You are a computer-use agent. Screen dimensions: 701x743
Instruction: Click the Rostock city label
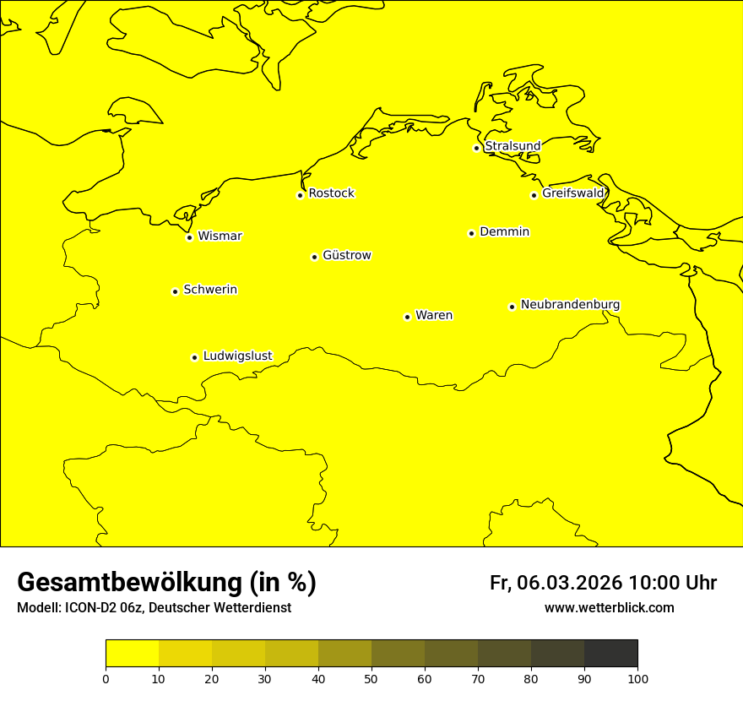331,193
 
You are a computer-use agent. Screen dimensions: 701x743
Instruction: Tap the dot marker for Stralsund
476,148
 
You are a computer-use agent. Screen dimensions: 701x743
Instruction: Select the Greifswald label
573,193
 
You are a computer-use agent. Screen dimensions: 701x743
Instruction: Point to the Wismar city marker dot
189,237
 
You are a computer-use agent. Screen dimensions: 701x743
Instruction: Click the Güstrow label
346,255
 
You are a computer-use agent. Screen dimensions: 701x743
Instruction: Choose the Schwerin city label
210,290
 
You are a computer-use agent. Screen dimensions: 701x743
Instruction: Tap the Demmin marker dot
471,233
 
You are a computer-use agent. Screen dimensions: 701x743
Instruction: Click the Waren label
434,315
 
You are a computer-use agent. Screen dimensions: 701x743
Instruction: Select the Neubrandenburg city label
570,304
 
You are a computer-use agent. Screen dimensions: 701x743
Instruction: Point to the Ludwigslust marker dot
194,357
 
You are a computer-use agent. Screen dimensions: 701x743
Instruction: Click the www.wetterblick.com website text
609,608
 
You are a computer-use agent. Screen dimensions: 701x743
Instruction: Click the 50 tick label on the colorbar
371,678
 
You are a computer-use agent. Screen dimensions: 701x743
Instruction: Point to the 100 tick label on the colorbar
637,678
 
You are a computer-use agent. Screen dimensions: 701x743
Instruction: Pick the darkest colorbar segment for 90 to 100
610,654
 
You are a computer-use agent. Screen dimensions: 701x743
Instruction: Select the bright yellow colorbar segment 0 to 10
132,654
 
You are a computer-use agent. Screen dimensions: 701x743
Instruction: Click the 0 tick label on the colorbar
106,678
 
